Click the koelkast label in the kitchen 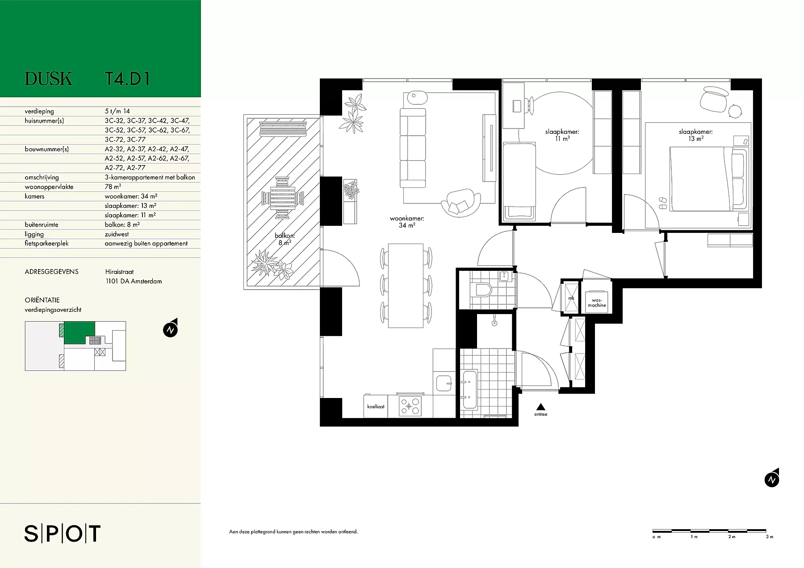pos(376,407)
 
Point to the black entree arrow pos(540,406)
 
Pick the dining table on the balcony pos(283,198)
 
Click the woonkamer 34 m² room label pos(406,222)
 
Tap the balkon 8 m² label pos(285,240)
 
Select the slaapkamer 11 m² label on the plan pos(562,135)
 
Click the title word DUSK pos(48,79)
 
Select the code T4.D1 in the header pos(127,79)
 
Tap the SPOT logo pos(63,534)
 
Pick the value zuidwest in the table pos(117,234)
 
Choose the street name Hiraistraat pos(119,272)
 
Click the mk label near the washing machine pos(571,297)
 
